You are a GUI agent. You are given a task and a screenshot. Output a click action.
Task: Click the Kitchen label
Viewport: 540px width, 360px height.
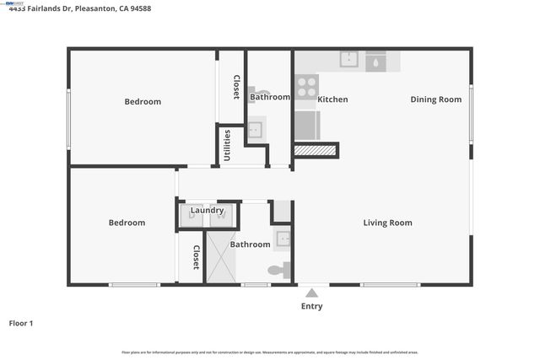(332, 99)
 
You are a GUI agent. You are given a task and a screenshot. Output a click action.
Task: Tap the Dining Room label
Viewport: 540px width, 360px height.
(436, 99)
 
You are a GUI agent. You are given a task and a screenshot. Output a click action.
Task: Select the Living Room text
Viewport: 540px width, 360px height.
(387, 223)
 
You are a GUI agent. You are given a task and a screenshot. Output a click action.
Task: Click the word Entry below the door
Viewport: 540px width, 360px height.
(311, 306)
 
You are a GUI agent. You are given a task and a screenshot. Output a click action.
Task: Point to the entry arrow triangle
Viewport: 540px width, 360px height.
(311, 293)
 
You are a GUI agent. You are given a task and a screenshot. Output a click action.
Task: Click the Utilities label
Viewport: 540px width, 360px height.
(227, 145)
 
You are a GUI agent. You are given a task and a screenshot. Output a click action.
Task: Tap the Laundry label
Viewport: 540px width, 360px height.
(207, 210)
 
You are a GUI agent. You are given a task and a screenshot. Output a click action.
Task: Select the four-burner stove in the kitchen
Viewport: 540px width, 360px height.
(306, 87)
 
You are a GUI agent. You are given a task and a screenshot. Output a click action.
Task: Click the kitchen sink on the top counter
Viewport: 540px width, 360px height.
(348, 59)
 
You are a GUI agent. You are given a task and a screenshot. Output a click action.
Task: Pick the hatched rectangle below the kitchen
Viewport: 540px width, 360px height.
(316, 150)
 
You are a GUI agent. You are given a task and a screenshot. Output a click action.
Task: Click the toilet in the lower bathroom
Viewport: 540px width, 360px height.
(278, 271)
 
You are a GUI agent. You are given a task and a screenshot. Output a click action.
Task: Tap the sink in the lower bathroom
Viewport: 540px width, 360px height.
(283, 239)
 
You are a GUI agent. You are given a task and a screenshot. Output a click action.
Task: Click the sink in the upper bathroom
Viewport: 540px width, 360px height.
(254, 130)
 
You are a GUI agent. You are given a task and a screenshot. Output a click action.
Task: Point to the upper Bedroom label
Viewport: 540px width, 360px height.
(143, 102)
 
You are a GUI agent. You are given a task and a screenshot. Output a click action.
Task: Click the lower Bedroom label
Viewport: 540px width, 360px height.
(127, 223)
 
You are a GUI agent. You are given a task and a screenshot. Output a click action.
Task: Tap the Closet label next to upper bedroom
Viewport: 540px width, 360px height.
(236, 87)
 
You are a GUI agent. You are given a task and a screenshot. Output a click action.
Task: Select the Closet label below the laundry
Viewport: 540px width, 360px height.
(196, 257)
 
